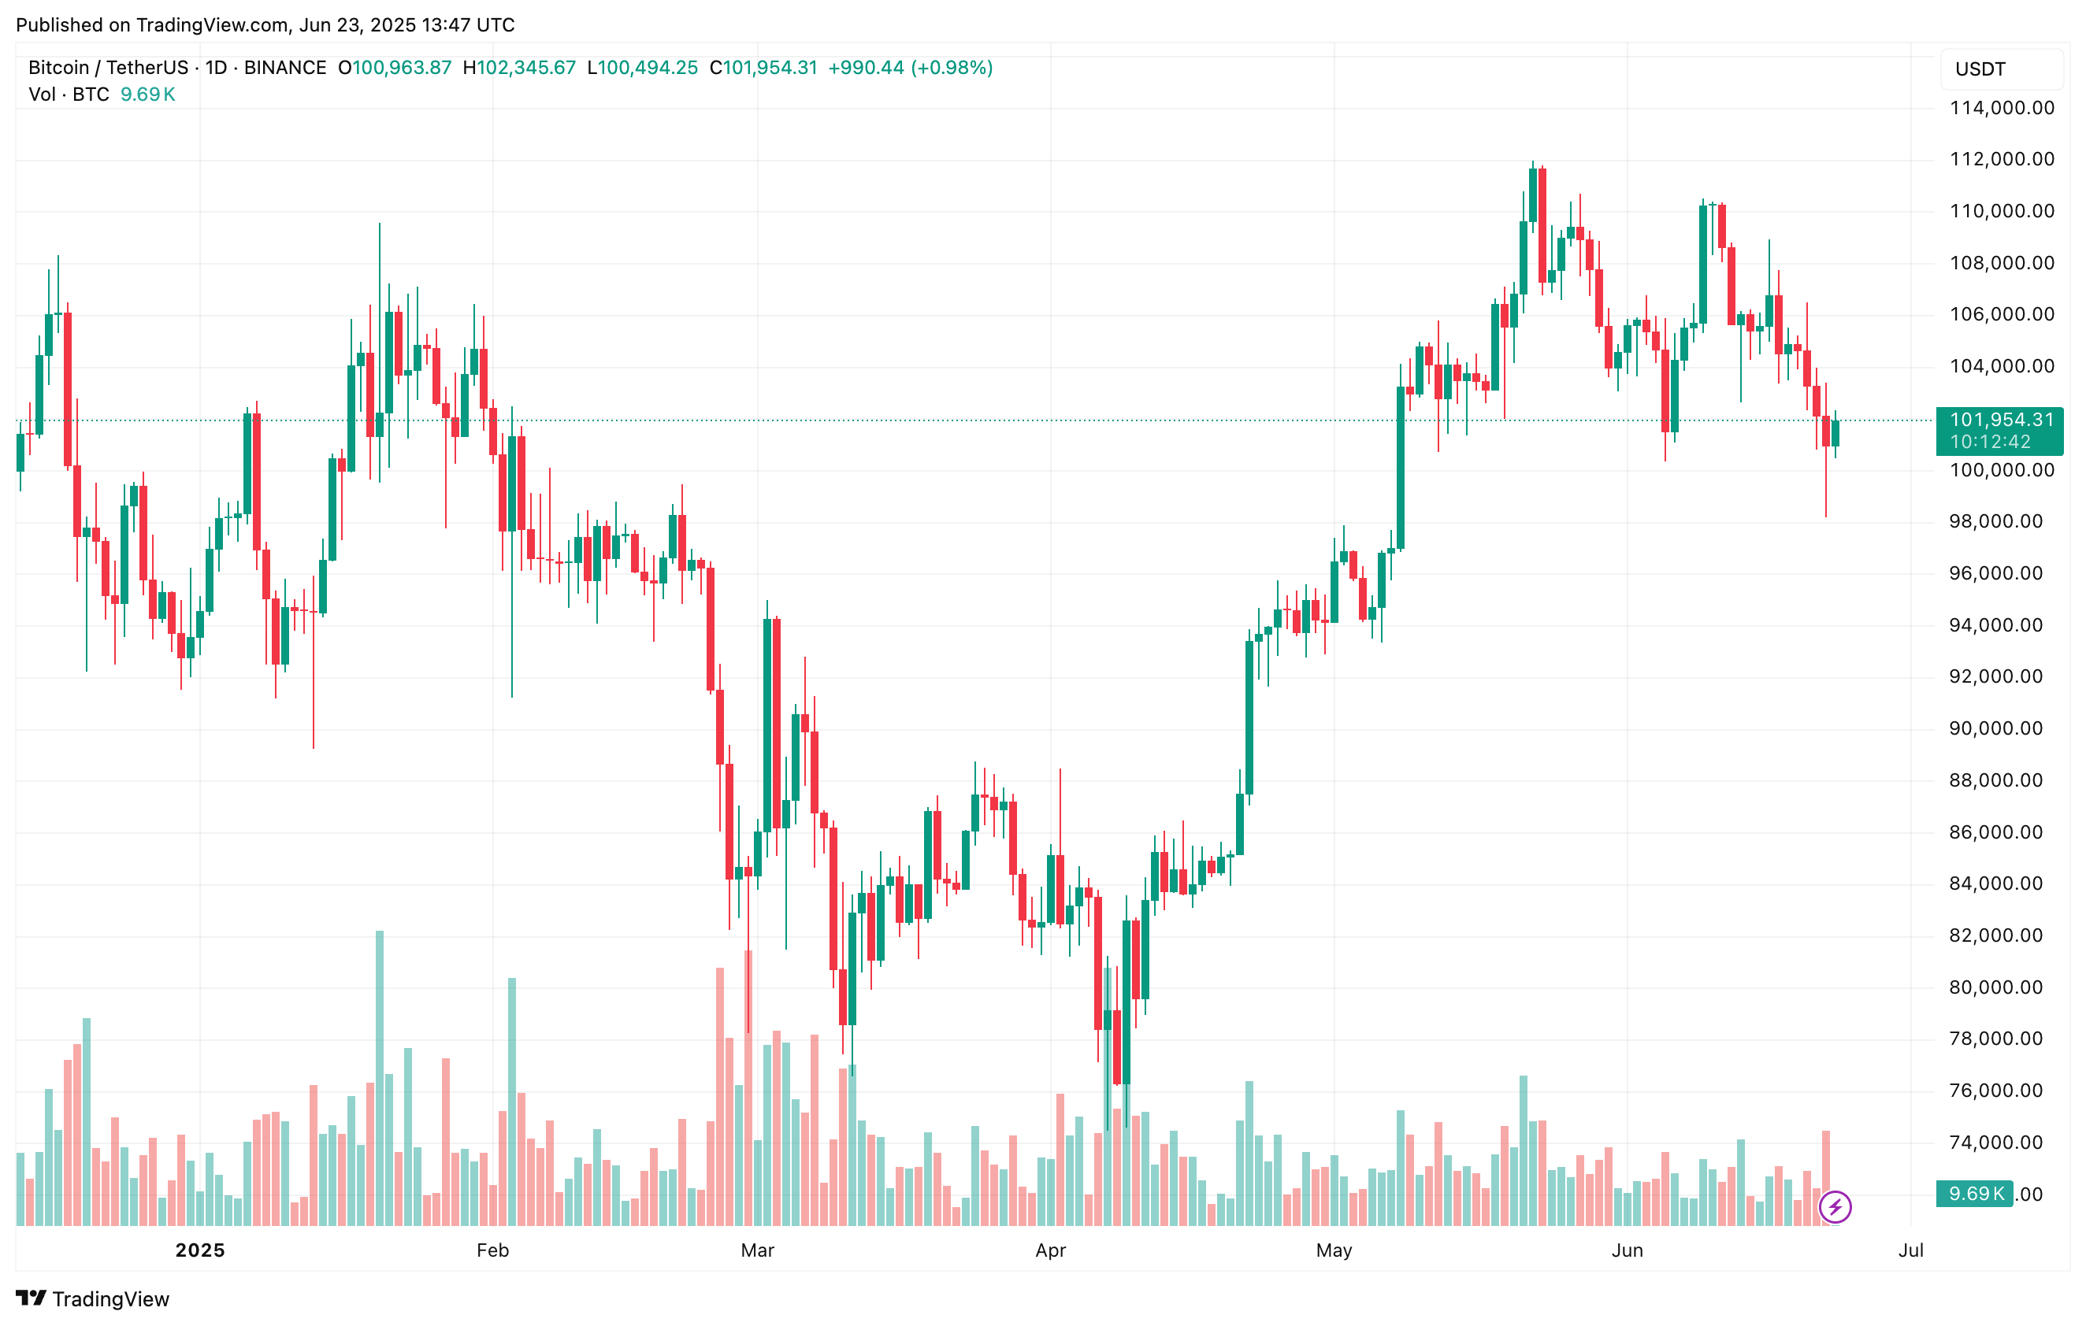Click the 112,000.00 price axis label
pyautogui.click(x=2001, y=159)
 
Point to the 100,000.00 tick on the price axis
pyautogui.click(x=2001, y=470)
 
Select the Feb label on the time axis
pyautogui.click(x=493, y=1250)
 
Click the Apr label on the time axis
pyautogui.click(x=1051, y=1250)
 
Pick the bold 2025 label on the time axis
pyautogui.click(x=200, y=1250)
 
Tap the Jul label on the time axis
pyautogui.click(x=1911, y=1250)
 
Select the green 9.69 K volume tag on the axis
pyautogui.click(x=1976, y=1194)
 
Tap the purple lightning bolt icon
pyautogui.click(x=1835, y=1206)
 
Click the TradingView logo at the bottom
pyautogui.click(x=93, y=1299)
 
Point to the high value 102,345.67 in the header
pyautogui.click(x=525, y=68)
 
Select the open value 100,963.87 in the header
pyautogui.click(x=401, y=68)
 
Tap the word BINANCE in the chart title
pyautogui.click(x=285, y=68)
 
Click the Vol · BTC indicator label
pyautogui.click(x=69, y=94)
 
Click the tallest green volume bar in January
pyautogui.click(x=380, y=1077)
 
